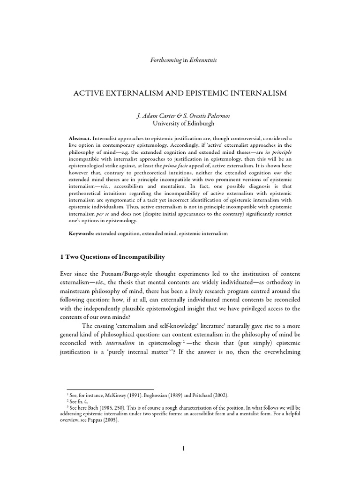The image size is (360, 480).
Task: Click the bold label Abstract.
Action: pyautogui.click(x=80, y=139)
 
